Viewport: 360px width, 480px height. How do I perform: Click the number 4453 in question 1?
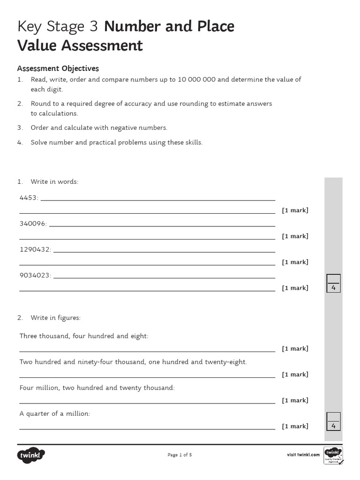pyautogui.click(x=28, y=198)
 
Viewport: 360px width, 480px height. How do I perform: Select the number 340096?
pyautogui.click(x=32, y=224)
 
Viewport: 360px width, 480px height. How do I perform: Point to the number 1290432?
pyautogui.click(x=35, y=249)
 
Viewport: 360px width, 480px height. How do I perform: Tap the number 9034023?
pyautogui.click(x=35, y=275)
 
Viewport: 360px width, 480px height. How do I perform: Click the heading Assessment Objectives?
pyautogui.click(x=58, y=68)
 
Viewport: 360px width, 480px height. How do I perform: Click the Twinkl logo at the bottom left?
pyautogui.click(x=31, y=455)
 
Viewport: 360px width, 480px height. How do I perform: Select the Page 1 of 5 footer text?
pyautogui.click(x=180, y=455)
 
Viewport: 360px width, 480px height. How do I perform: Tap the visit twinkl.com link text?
pyautogui.click(x=303, y=455)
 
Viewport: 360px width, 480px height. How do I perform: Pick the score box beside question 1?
pyautogui.click(x=333, y=283)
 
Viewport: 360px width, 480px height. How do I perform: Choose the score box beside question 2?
pyautogui.click(x=333, y=421)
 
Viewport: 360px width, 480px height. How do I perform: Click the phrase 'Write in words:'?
pyautogui.click(x=54, y=181)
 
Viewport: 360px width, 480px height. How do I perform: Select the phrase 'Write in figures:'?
pyautogui.click(x=55, y=318)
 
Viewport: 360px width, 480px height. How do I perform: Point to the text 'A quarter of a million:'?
pyautogui.click(x=55, y=414)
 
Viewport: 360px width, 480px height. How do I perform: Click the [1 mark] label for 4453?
pyautogui.click(x=295, y=210)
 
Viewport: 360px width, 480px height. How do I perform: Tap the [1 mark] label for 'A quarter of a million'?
pyautogui.click(x=295, y=426)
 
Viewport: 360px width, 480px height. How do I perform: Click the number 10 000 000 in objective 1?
pyautogui.click(x=196, y=79)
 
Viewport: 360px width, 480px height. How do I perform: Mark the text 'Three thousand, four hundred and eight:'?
pyautogui.click(x=84, y=336)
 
